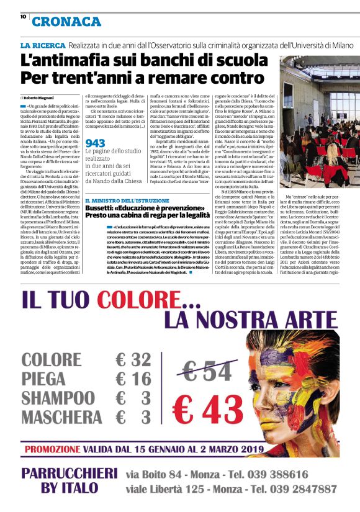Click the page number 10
click(x=23, y=17)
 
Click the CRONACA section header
click(x=66, y=22)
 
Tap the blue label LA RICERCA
click(x=42, y=46)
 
